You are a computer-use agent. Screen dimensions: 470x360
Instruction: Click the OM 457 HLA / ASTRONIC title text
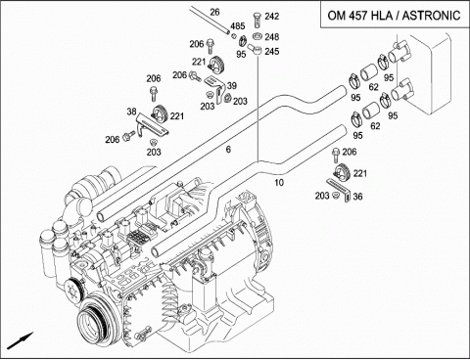click(394, 16)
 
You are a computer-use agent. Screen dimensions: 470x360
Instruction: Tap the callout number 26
click(214, 13)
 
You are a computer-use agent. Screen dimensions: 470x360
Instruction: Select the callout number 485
click(238, 26)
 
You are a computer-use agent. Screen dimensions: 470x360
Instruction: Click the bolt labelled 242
click(257, 20)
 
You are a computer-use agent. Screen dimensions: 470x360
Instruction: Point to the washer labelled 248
click(258, 36)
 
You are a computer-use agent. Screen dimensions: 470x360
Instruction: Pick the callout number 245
click(272, 51)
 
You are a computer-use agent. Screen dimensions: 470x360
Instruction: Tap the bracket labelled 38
click(152, 125)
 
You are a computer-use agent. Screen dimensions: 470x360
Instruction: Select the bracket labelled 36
click(339, 189)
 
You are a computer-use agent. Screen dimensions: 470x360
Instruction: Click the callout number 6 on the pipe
click(228, 150)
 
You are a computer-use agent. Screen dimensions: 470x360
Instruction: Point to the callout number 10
click(279, 183)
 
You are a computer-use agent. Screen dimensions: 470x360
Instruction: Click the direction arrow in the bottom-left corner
click(20, 340)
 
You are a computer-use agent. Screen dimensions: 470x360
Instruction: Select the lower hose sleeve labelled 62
click(371, 111)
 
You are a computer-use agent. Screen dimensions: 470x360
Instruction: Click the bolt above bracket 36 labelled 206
click(336, 156)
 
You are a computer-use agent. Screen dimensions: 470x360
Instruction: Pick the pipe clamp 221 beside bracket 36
click(342, 171)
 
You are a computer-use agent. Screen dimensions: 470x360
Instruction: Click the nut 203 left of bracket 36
click(334, 196)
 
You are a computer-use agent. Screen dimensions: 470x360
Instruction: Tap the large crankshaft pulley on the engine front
click(94, 321)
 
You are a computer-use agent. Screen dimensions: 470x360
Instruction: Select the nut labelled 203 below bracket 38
click(152, 142)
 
